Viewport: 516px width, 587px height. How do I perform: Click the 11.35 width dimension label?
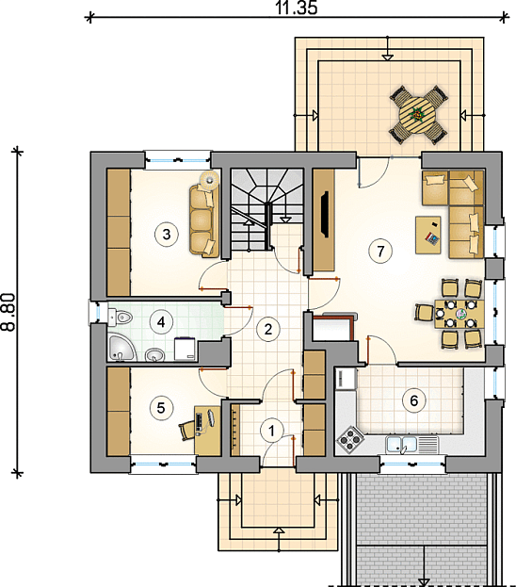pyautogui.click(x=297, y=8)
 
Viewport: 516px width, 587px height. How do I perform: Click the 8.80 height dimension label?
pyautogui.click(x=8, y=312)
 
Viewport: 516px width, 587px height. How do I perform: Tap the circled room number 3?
pyautogui.click(x=167, y=235)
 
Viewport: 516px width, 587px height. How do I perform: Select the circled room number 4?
pyautogui.click(x=161, y=322)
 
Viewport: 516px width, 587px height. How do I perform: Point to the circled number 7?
pyautogui.click(x=380, y=251)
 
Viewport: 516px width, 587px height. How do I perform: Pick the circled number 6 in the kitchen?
pyautogui.click(x=414, y=401)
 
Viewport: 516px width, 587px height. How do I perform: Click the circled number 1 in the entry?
pyautogui.click(x=272, y=431)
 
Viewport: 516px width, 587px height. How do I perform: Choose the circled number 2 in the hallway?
pyautogui.click(x=268, y=330)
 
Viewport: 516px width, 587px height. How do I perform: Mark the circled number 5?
pyautogui.click(x=161, y=408)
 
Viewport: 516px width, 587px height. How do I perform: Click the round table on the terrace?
pyautogui.click(x=417, y=115)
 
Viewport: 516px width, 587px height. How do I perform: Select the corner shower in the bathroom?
pyautogui.click(x=120, y=349)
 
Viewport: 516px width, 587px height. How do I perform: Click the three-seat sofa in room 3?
pyautogui.click(x=204, y=220)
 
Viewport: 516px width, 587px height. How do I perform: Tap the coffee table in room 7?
pyautogui.click(x=428, y=236)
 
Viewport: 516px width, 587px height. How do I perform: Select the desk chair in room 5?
pyautogui.click(x=186, y=431)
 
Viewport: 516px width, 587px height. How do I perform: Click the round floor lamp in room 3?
pyautogui.click(x=210, y=181)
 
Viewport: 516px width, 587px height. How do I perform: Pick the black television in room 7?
pyautogui.click(x=324, y=214)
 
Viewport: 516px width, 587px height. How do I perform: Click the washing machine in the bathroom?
pyautogui.click(x=185, y=349)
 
